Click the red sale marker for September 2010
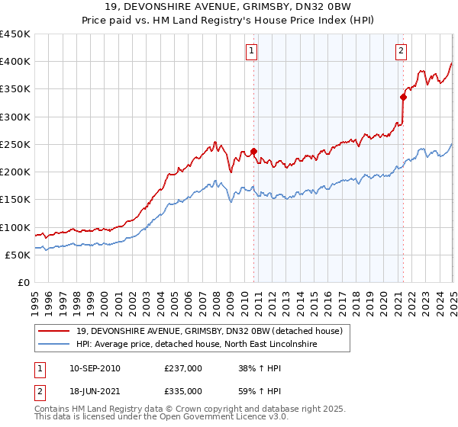[x=253, y=151]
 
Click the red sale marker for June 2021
[x=402, y=97]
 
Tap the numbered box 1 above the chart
[x=252, y=51]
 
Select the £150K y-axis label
[x=15, y=200]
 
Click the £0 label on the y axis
[x=22, y=283]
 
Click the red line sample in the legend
[x=54, y=330]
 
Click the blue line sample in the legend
[x=54, y=345]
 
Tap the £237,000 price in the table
[x=182, y=368]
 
